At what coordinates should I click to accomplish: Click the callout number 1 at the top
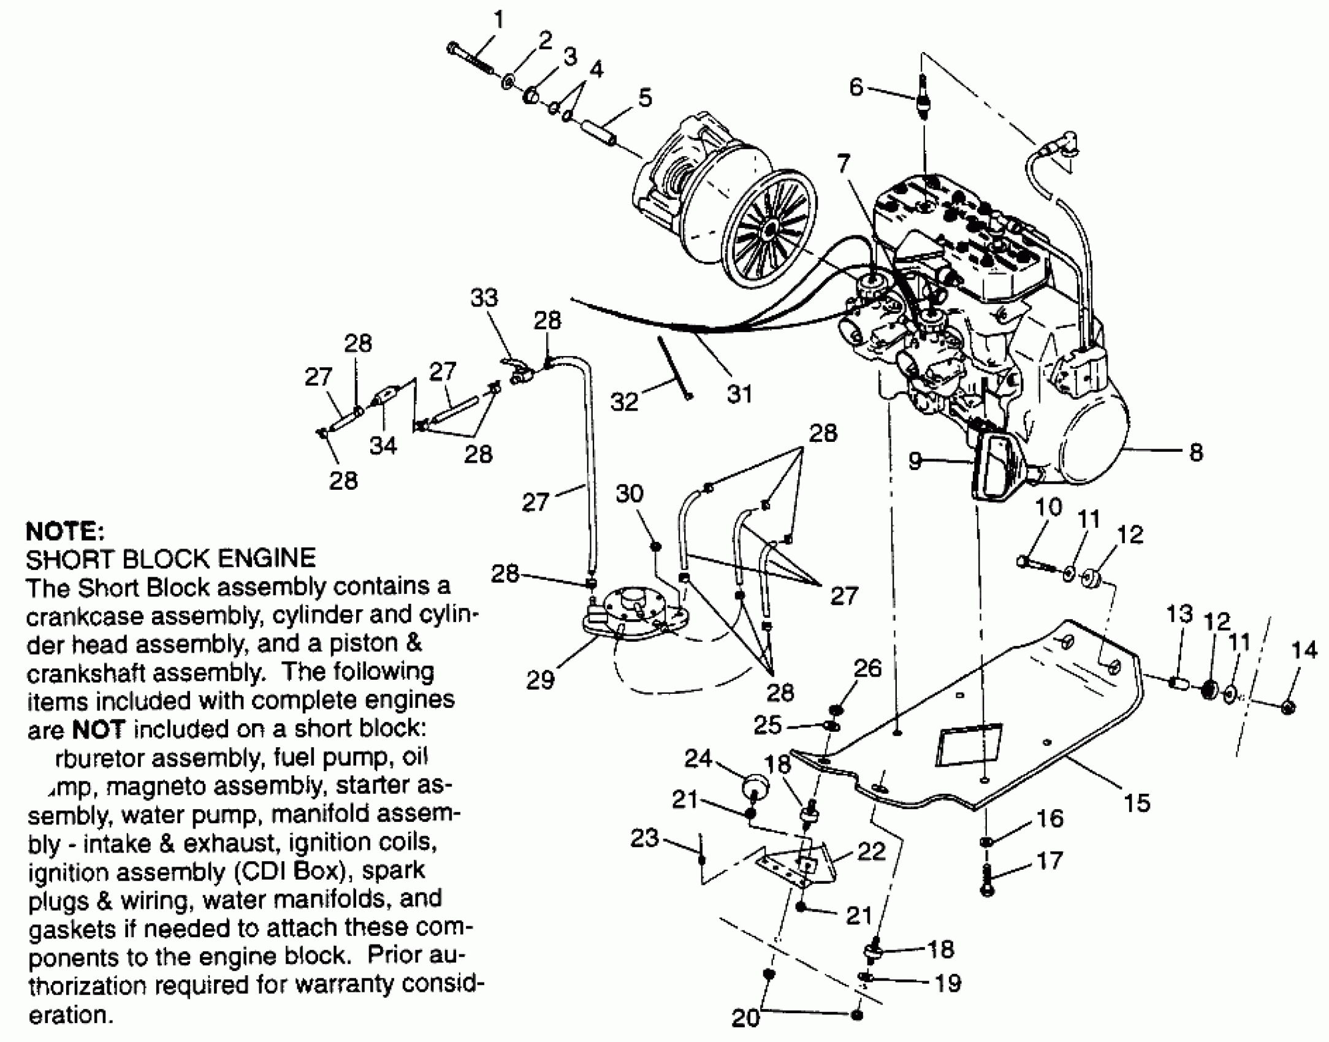pos(500,21)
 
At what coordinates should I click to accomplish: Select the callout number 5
pos(644,98)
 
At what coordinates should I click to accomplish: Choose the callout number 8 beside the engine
pos(1196,453)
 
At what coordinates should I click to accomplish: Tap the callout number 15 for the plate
pos(1137,803)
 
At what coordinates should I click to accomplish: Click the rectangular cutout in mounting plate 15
pos(969,745)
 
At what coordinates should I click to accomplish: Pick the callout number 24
pos(698,759)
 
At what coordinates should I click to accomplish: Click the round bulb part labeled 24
pos(755,788)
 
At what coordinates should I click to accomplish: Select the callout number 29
pos(540,680)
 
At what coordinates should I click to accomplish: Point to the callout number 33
pos(484,298)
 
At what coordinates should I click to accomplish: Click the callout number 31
pos(739,394)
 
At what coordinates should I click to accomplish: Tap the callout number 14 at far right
pos(1304,650)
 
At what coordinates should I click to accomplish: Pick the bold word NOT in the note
pos(98,729)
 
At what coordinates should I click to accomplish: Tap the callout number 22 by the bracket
pos(871,851)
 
